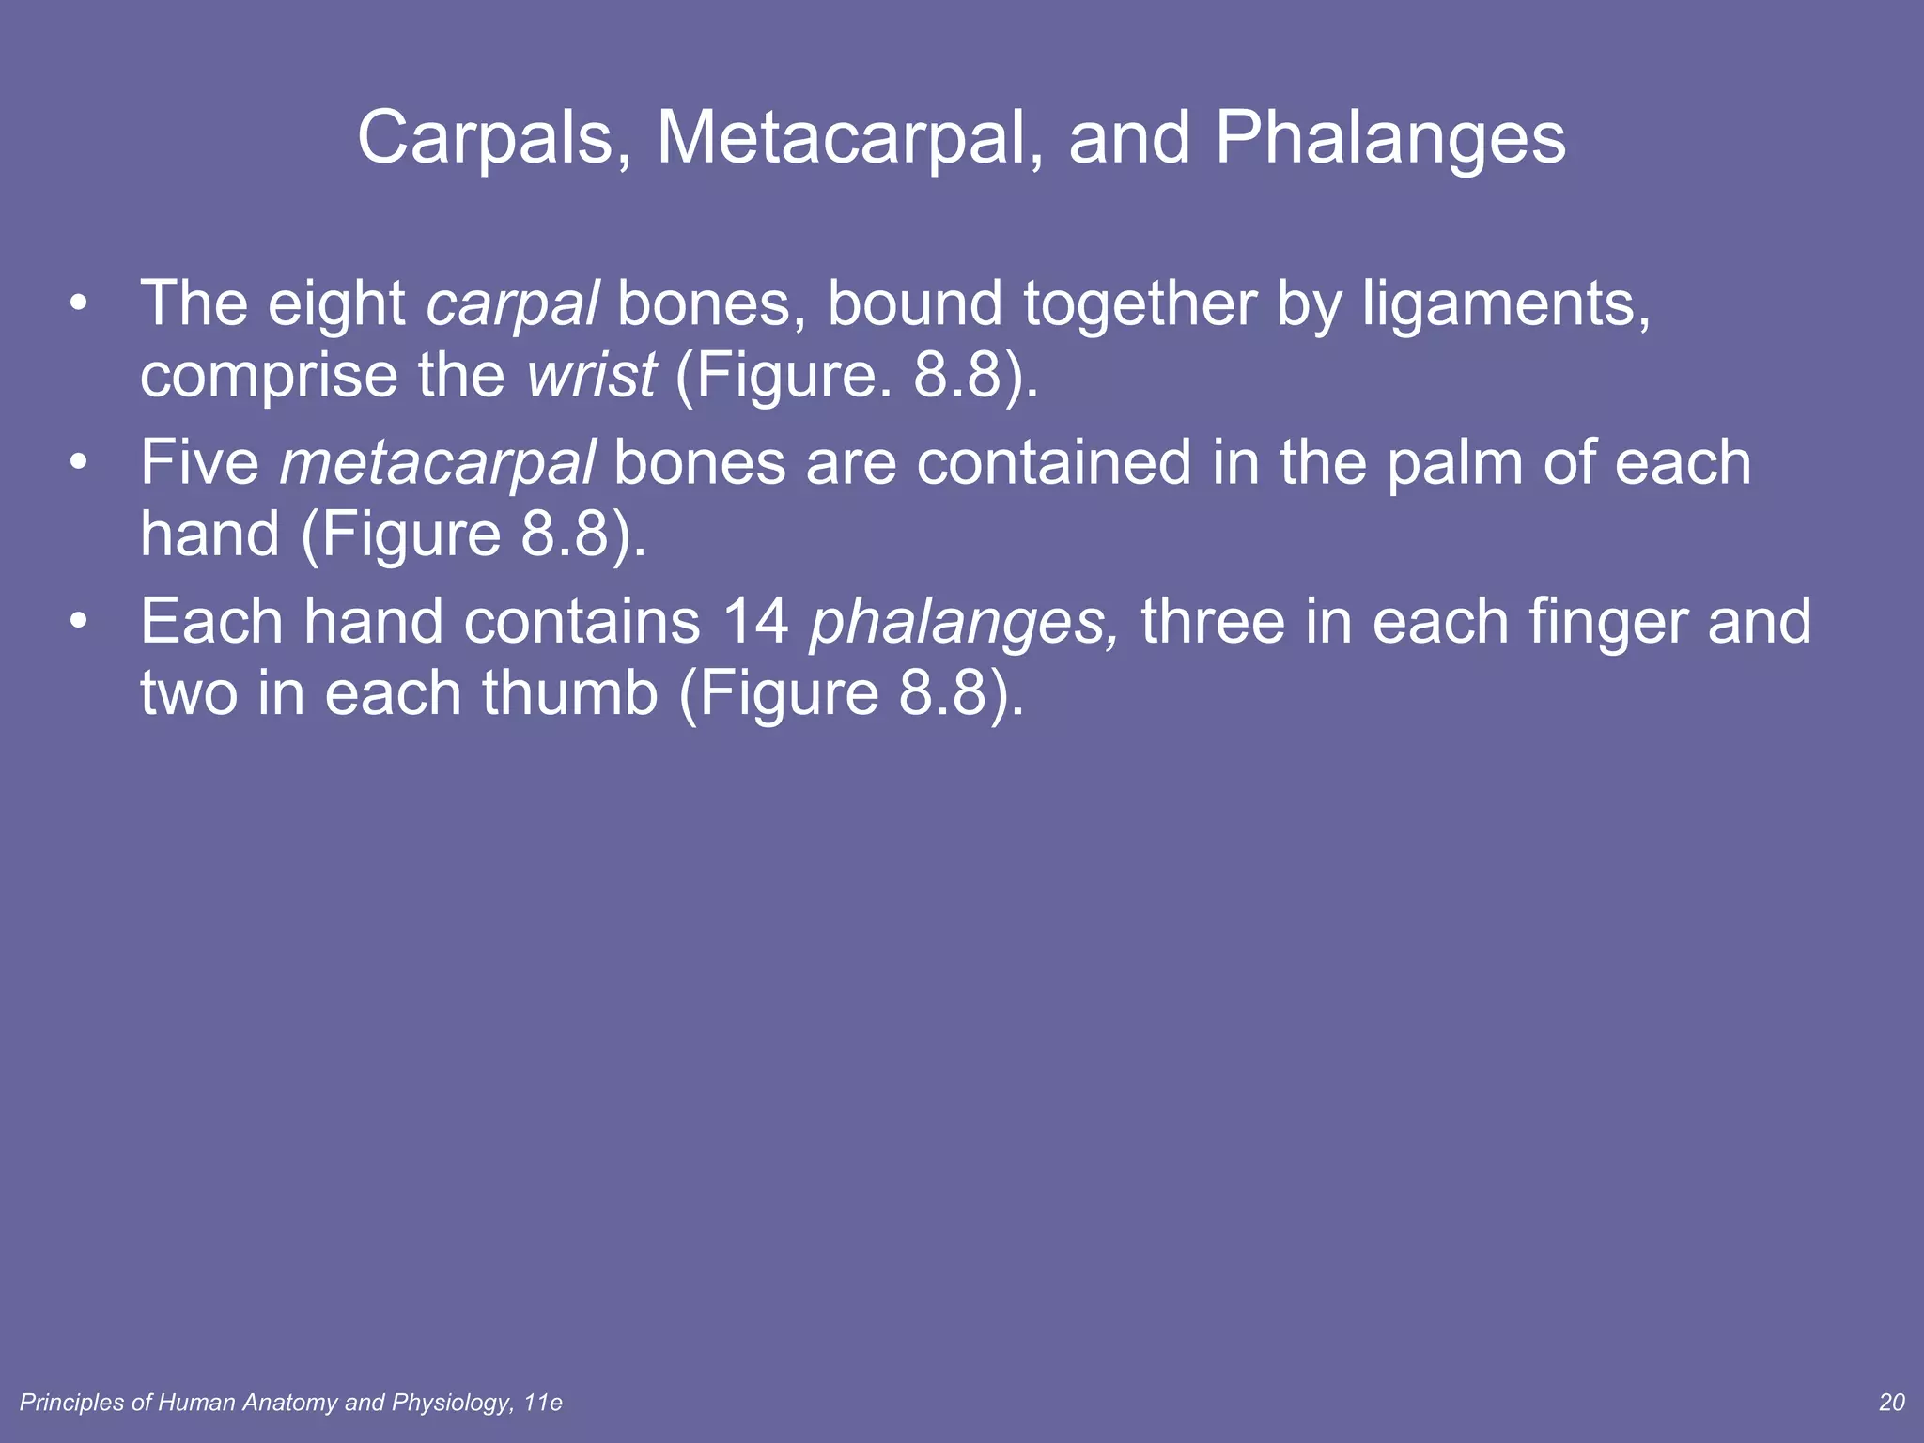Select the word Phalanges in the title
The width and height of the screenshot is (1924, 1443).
1390,139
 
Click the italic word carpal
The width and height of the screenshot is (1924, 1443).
512,305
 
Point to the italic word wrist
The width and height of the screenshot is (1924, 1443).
591,376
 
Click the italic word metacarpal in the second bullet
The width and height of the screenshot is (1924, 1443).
437,463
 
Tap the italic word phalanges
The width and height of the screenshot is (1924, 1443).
964,624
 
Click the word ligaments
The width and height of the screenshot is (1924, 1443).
1506,305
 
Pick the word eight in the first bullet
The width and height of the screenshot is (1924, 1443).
336,305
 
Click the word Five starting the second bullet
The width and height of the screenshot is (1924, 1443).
200,463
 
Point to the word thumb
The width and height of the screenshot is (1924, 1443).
570,693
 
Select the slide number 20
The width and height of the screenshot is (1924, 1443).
1891,1403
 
